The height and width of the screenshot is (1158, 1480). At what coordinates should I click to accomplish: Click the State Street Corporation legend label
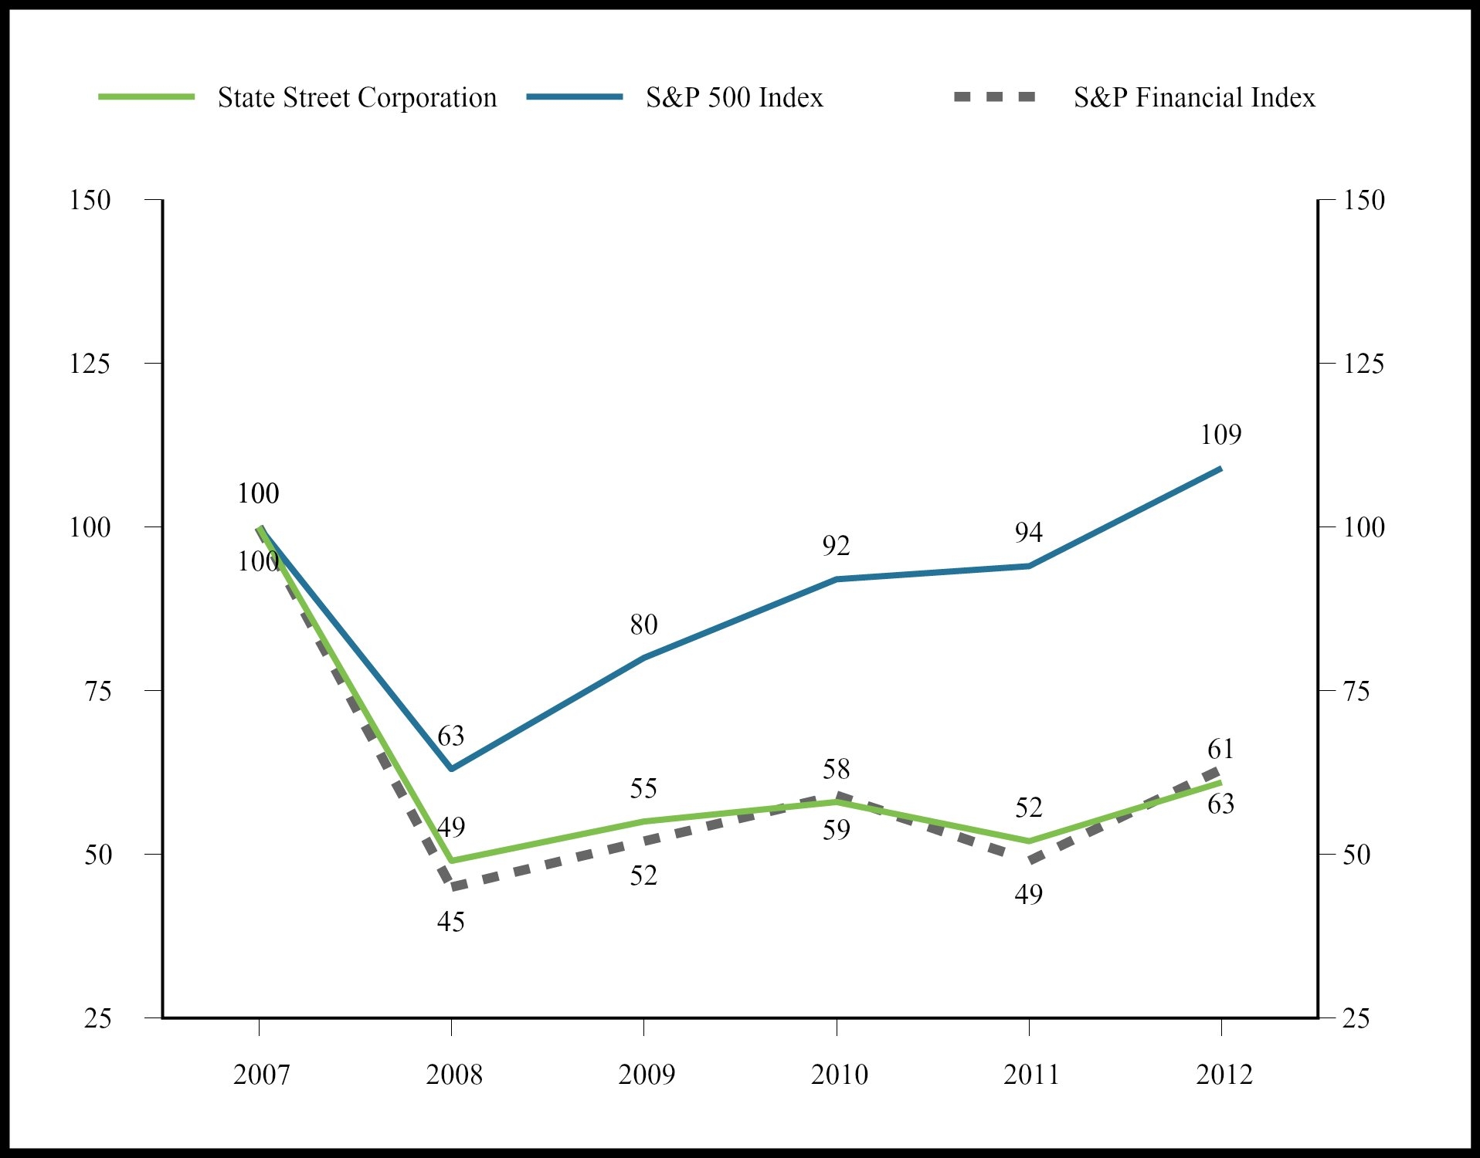pos(357,98)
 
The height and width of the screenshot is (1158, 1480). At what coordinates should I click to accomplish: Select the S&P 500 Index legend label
pos(734,98)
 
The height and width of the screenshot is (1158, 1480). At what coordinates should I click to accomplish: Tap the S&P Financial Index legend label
pos(1193,98)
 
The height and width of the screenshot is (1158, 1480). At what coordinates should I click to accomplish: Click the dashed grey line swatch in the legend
pos(995,97)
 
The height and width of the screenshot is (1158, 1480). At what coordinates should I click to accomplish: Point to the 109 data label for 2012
pos(1220,435)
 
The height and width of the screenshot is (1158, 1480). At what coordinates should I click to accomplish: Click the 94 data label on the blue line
pos(1028,533)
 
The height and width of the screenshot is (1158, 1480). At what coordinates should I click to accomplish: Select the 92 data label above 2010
pos(836,547)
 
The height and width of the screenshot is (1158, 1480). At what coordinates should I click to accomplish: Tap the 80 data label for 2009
pos(643,625)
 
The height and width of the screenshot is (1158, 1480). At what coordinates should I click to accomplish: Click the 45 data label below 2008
pos(450,922)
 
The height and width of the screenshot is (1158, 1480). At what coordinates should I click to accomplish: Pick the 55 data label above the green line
pos(643,789)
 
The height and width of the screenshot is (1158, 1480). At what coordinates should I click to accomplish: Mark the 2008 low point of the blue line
pos(451,769)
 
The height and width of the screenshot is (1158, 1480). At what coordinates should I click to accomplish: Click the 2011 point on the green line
pos(1029,841)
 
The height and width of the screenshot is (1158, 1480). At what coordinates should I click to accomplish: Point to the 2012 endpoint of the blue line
pos(1220,469)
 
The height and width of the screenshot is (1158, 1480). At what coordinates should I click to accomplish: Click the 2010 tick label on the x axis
pos(839,1075)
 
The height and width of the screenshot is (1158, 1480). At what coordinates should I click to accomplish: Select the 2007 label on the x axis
pos(261,1075)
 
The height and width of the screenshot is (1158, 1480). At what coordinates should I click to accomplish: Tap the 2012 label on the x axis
pos(1224,1075)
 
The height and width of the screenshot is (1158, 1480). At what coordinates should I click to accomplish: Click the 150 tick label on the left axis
pos(90,200)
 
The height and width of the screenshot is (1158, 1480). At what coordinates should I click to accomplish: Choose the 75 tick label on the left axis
pos(98,691)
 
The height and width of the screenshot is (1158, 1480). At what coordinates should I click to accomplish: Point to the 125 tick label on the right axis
pos(1363,364)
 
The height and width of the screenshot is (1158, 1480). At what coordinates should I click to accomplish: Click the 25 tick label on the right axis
pos(1356,1019)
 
